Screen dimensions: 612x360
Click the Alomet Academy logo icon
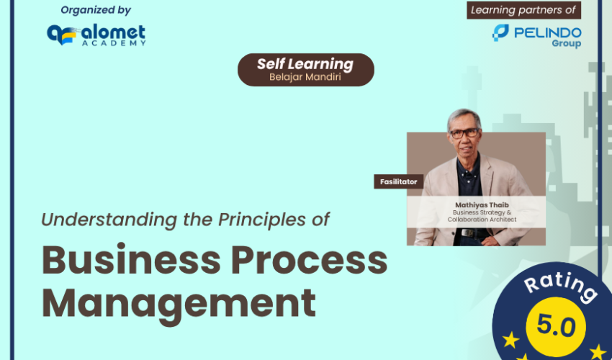[61, 35]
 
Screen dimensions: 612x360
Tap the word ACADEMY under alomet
[114, 43]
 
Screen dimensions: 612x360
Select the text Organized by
[96, 10]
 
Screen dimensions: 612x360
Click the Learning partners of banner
[523, 10]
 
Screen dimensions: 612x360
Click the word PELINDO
[548, 32]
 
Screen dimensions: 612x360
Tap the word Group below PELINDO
[567, 43]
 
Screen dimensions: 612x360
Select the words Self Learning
[305, 64]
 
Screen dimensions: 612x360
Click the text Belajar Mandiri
[305, 76]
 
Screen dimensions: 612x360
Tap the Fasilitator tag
[398, 181]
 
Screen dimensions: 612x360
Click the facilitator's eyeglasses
[464, 133]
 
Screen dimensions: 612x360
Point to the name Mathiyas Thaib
[482, 205]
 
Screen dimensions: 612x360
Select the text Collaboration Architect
[482, 220]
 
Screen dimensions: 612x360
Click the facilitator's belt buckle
[467, 233]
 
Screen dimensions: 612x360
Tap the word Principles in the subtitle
[262, 220]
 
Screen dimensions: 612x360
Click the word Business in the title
[131, 260]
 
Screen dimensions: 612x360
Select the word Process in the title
[309, 260]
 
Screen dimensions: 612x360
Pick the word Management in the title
[179, 305]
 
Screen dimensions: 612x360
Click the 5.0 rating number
[556, 326]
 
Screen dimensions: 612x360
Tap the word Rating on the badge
[560, 287]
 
